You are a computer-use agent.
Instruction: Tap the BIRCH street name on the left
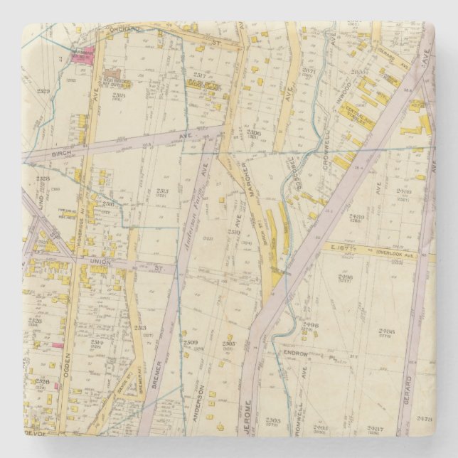click(63, 152)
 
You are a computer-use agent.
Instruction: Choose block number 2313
click(139, 328)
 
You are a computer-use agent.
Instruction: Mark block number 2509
click(190, 342)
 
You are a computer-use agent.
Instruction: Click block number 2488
click(386, 331)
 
